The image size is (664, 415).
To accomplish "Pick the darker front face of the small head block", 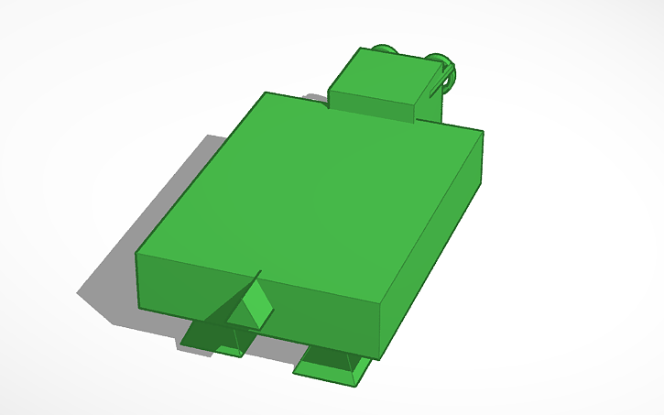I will pos(371,106).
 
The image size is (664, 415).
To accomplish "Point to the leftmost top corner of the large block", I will pos(137,254).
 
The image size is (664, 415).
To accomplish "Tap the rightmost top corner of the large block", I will pos(483,131).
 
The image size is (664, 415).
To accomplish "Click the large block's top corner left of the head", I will pos(266,93).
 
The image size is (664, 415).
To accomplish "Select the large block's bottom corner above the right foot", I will pos(376,356).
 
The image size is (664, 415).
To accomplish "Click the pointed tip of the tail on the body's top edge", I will pos(261,271).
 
